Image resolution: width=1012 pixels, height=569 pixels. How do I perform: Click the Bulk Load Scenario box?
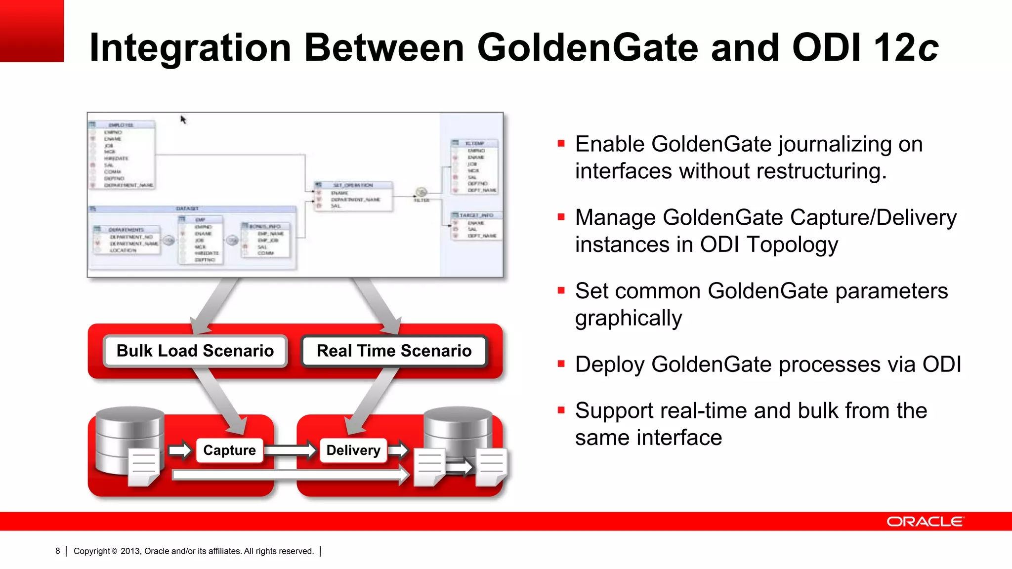tap(195, 351)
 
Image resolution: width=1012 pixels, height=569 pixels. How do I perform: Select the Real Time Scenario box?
tap(394, 351)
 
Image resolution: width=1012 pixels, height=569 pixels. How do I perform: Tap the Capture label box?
tap(229, 450)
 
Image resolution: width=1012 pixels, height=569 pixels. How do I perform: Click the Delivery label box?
tap(353, 450)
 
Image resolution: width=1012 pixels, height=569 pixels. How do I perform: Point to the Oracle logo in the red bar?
tap(925, 522)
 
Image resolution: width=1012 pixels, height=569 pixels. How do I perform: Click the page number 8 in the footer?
tap(58, 551)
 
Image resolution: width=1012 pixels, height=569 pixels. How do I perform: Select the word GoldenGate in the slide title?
tap(587, 47)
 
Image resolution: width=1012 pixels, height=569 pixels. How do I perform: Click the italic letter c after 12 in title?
tap(928, 48)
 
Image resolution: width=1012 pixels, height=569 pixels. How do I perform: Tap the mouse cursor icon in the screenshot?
tap(183, 120)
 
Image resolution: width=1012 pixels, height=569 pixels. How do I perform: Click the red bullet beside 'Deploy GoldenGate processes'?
tap(561, 365)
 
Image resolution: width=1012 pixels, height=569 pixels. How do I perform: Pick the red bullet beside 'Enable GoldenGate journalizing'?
tap(561, 144)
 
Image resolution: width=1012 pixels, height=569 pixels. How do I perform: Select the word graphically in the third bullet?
tap(628, 318)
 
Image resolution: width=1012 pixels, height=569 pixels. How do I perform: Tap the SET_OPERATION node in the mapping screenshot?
tap(353, 185)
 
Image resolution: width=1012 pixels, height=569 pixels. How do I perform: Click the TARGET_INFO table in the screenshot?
tap(476, 215)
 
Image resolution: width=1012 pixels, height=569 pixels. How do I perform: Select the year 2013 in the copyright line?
tap(130, 551)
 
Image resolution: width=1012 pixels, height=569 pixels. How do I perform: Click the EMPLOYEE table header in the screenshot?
tap(121, 125)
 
